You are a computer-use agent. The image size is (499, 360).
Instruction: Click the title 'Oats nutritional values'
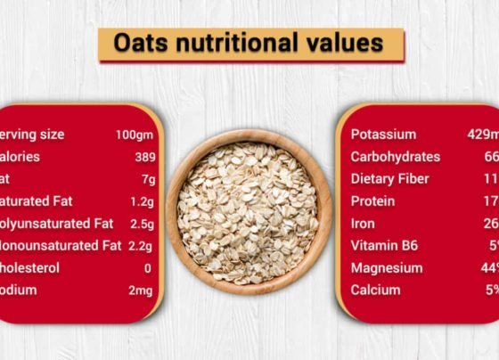click(x=250, y=44)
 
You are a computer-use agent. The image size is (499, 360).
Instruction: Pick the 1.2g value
click(x=142, y=201)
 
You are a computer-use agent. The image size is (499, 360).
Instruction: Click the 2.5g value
click(x=142, y=224)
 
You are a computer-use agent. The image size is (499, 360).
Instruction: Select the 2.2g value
click(x=142, y=245)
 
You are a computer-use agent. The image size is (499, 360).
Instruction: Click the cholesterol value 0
click(x=147, y=267)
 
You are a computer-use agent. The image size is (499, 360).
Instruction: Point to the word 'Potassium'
click(x=383, y=135)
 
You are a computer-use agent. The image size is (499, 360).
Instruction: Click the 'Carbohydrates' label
click(x=395, y=157)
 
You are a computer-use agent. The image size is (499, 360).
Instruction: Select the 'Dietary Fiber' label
click(x=390, y=179)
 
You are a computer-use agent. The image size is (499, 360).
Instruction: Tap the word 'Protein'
click(x=372, y=201)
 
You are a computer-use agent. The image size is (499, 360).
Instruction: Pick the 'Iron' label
click(x=363, y=224)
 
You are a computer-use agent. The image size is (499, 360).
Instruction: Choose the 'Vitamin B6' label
click(x=384, y=245)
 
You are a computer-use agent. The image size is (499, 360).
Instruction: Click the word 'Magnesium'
click(x=387, y=267)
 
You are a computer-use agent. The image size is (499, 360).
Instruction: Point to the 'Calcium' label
click(x=375, y=290)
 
